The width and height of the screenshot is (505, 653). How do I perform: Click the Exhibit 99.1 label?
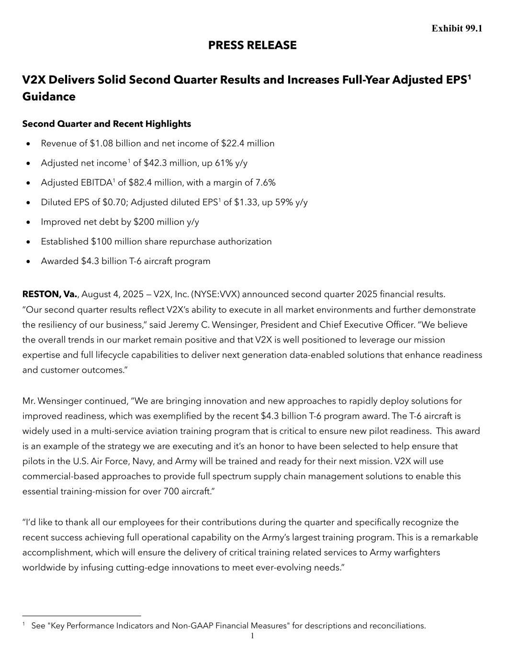point(457,29)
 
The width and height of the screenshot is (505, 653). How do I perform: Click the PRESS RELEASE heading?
point(252,45)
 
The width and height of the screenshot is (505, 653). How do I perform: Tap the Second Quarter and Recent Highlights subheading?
point(106,124)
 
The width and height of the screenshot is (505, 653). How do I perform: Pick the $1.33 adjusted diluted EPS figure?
point(246,202)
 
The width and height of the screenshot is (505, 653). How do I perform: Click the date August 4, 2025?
point(108,294)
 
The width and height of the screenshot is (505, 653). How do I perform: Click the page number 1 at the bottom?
point(252,636)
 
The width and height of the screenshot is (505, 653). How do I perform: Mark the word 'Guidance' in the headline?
point(49,97)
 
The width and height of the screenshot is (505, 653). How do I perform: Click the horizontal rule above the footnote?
point(81,616)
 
